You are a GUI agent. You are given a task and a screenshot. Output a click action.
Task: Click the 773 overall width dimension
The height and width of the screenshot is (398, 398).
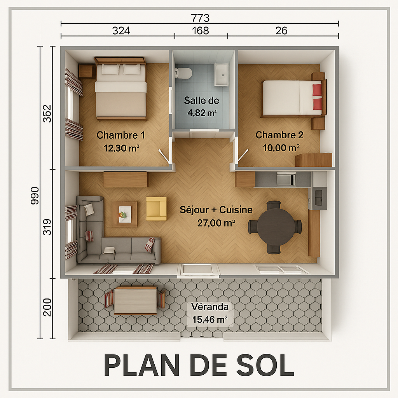[200, 18]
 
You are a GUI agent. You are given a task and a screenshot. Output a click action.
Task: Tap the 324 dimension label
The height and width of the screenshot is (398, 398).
[121, 31]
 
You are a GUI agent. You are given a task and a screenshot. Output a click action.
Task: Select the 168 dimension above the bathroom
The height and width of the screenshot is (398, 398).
[201, 31]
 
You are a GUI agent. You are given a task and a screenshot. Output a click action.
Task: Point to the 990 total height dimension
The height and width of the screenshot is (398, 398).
[35, 196]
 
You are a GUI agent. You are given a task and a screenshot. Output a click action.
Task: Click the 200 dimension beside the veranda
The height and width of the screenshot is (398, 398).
[47, 307]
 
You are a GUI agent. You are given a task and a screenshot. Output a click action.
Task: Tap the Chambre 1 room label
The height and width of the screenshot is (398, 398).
[121, 135]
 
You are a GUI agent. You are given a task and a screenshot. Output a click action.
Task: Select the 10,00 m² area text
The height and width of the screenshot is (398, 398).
[281, 148]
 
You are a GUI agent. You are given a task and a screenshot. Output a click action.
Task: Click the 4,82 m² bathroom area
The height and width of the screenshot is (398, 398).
[202, 113]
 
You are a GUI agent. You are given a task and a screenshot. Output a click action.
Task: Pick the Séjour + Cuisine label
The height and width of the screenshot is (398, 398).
[216, 209]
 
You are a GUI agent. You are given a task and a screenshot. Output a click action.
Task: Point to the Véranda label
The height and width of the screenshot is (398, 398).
[210, 307]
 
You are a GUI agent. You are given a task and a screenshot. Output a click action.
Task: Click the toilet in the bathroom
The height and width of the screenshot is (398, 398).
[183, 73]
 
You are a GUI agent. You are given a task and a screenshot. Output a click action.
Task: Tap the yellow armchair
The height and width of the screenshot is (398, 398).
[156, 209]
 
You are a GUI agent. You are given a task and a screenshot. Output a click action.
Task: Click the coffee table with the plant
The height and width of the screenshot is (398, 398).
[125, 214]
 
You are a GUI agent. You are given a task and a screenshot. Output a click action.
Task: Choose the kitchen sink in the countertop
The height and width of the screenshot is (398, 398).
[286, 180]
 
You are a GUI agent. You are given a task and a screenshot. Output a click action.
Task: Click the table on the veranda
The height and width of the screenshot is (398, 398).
[135, 301]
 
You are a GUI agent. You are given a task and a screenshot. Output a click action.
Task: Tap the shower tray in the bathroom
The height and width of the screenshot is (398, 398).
[222, 75]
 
